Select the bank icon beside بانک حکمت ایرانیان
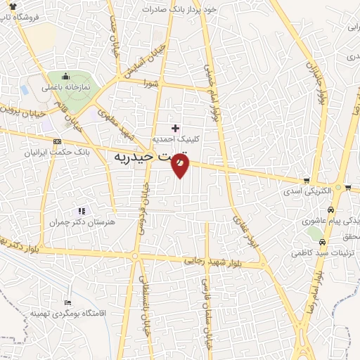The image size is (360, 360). (57, 141)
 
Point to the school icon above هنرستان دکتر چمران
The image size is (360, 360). (82, 210)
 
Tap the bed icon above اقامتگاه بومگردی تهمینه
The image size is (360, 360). (67, 301)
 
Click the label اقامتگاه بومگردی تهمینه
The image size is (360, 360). (67, 312)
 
